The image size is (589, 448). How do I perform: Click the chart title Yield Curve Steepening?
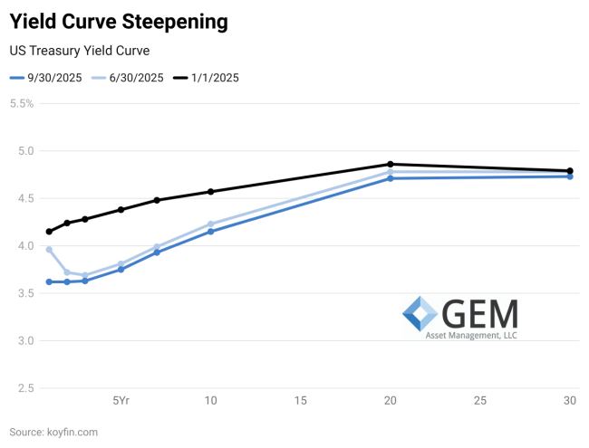pyautogui.click(x=118, y=20)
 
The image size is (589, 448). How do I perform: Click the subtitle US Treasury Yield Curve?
pyautogui.click(x=79, y=51)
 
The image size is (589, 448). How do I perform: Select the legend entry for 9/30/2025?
pyautogui.click(x=46, y=78)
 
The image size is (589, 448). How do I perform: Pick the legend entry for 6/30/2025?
pyautogui.click(x=128, y=78)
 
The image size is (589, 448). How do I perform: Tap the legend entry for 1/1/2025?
pyautogui.click(x=207, y=78)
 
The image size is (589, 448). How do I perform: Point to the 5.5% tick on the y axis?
pyautogui.click(x=21, y=103)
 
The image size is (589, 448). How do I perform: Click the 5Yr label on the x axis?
pyautogui.click(x=121, y=401)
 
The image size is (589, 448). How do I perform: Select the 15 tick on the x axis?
pyautogui.click(x=300, y=401)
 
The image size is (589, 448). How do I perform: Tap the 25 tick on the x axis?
pyautogui.click(x=480, y=401)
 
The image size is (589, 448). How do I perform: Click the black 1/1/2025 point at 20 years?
pyautogui.click(x=390, y=165)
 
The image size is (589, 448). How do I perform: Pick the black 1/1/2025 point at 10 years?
pyautogui.click(x=210, y=192)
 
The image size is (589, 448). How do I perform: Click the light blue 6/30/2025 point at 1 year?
pyautogui.click(x=49, y=250)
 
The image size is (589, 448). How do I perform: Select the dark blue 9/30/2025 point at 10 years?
pyautogui.click(x=210, y=232)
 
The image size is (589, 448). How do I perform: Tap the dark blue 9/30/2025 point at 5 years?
pyautogui.click(x=121, y=270)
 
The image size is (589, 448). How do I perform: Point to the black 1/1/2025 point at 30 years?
pyautogui.click(x=570, y=171)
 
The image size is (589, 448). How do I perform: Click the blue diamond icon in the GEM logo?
pyautogui.click(x=420, y=313)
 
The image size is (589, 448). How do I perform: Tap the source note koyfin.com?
pyautogui.click(x=53, y=433)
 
